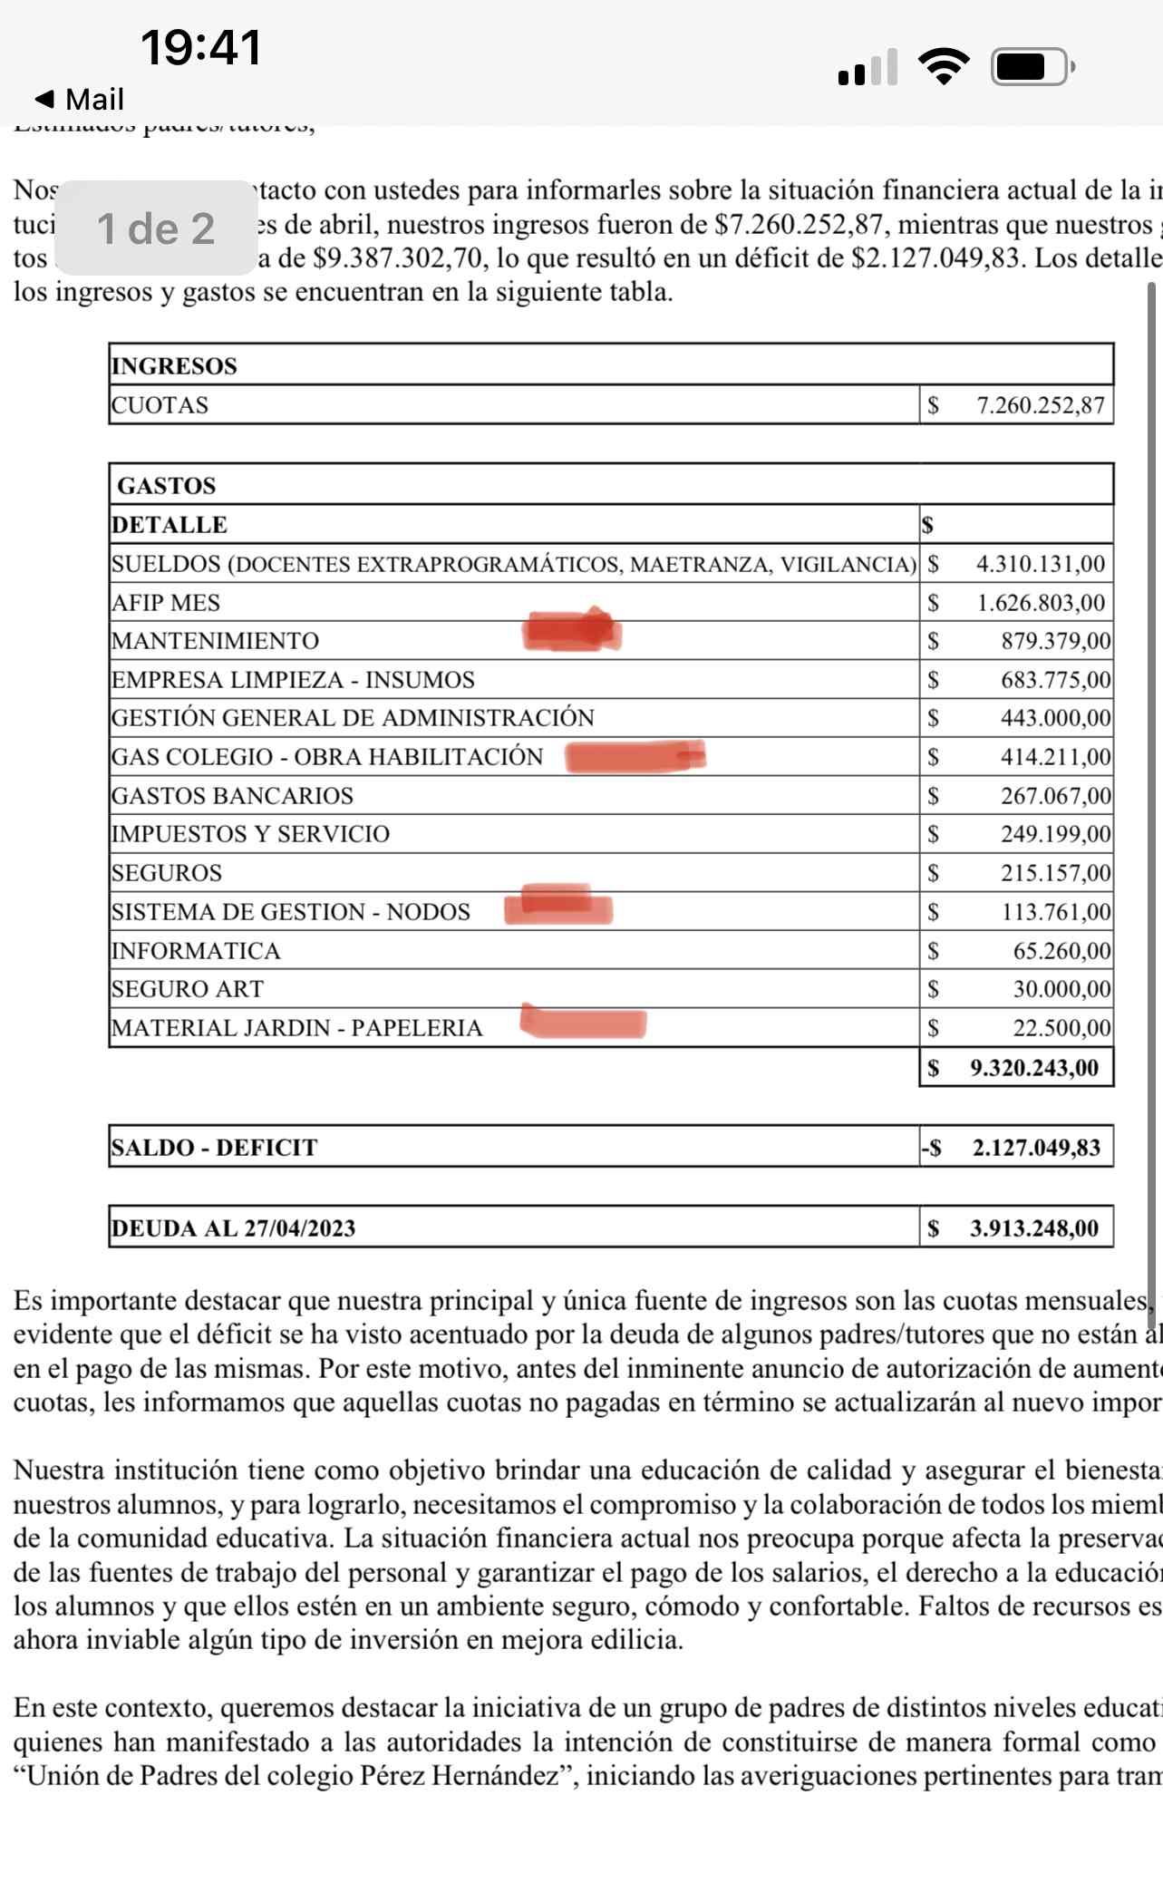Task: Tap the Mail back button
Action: point(79,99)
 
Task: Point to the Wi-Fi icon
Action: point(944,66)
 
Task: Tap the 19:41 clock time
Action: point(201,47)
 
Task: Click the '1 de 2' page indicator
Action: point(156,228)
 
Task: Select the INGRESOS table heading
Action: point(174,365)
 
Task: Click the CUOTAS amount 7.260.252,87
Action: point(1041,405)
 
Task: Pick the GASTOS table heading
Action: point(167,485)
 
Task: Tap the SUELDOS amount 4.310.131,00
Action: point(1041,564)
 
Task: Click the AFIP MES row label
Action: point(166,603)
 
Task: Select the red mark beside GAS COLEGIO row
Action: point(635,756)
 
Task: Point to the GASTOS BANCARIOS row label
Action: point(232,795)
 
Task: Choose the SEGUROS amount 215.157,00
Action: point(1055,873)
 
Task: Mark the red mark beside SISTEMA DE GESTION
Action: point(558,906)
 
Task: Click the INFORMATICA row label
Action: point(196,950)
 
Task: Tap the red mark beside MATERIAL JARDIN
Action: point(584,1022)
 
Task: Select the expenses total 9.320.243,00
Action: point(1034,1067)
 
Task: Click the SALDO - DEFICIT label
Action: point(214,1147)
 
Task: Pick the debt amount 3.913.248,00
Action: point(1034,1228)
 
